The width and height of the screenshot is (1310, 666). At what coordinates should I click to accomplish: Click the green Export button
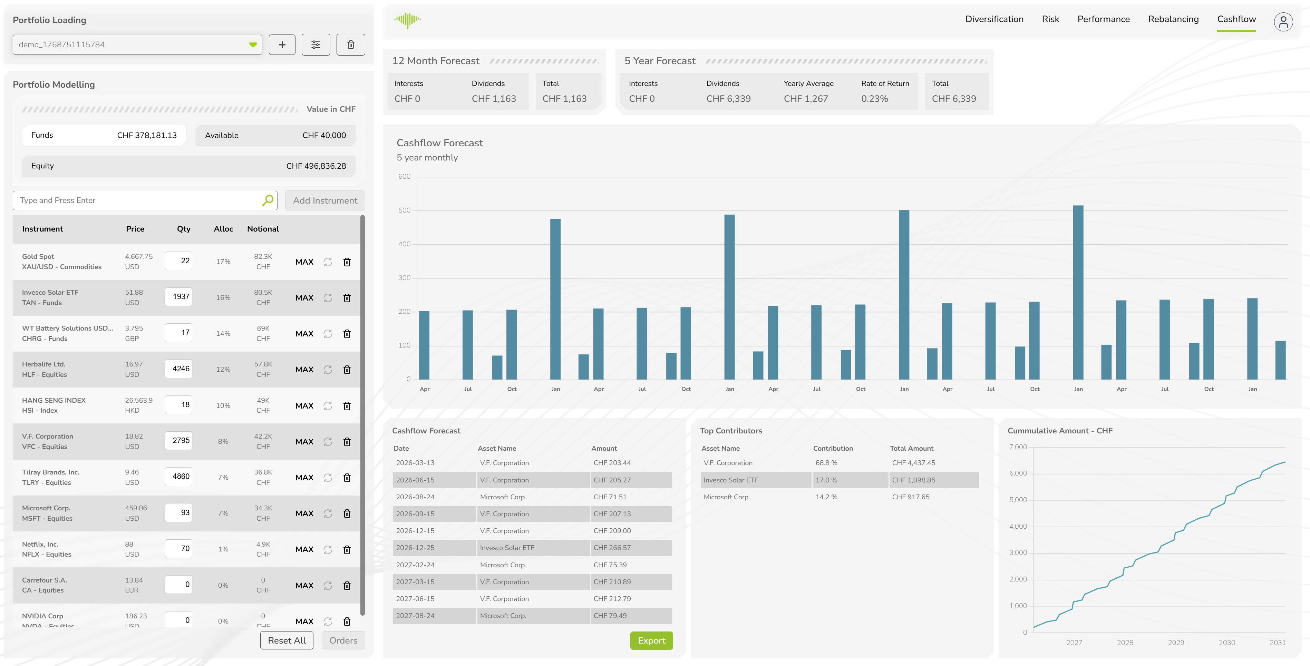tap(651, 640)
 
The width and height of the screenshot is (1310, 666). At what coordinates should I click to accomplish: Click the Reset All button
tap(287, 640)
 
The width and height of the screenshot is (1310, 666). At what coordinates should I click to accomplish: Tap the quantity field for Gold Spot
tap(178, 261)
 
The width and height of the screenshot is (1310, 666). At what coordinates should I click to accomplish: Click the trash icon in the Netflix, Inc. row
tap(347, 550)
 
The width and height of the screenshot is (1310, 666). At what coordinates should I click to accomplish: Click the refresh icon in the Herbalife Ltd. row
tap(328, 370)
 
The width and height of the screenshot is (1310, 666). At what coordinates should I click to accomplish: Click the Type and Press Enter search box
tap(137, 200)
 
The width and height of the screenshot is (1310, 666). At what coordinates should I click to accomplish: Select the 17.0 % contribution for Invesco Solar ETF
tap(826, 480)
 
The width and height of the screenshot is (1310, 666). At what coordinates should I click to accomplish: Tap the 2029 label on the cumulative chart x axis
tap(1176, 643)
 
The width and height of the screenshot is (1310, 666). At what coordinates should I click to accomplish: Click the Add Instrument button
tap(325, 200)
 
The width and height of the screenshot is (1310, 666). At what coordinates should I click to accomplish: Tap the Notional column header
tap(263, 229)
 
